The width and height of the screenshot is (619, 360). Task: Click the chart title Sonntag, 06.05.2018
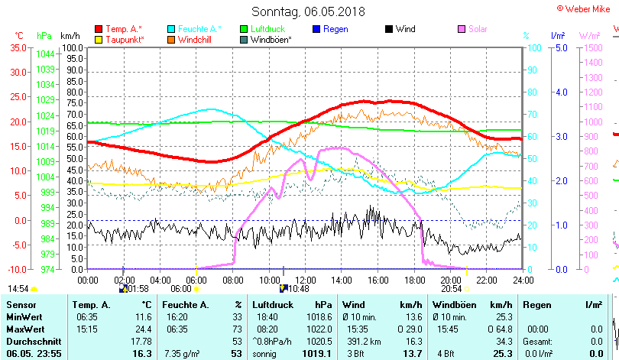coord(309,12)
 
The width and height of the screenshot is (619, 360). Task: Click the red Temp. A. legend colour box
coord(99,29)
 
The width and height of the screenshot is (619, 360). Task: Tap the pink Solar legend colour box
coord(461,29)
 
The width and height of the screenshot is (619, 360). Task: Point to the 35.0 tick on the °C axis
coord(18,47)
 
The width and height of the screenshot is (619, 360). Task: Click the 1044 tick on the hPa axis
coord(44,54)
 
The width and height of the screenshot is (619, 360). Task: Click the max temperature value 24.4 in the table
coord(143,329)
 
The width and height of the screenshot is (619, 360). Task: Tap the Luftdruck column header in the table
coord(271,304)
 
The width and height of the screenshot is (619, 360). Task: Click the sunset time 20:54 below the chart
coord(452,289)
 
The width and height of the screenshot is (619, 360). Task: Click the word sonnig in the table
coord(265,354)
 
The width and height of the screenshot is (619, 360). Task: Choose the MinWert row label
coord(24,316)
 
